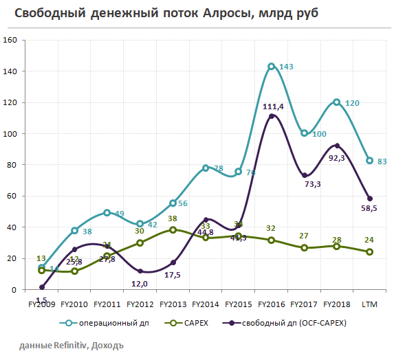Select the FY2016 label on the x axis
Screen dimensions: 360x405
coord(272,302)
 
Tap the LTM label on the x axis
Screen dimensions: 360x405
coord(369,302)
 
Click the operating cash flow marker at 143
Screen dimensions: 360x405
coord(272,67)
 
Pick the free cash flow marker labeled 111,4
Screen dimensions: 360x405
coord(272,116)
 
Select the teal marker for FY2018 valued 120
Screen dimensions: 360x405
coord(337,102)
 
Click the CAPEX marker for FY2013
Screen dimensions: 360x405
coord(173,230)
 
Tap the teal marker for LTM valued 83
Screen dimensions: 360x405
coord(369,160)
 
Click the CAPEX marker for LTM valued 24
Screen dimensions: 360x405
coord(369,252)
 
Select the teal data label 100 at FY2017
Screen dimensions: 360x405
coord(318,134)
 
